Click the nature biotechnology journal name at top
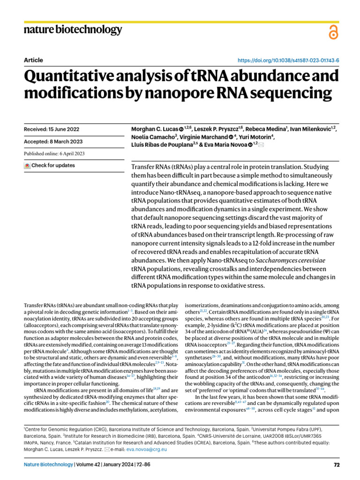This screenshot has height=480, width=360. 72,30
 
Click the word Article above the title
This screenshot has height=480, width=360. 33,60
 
